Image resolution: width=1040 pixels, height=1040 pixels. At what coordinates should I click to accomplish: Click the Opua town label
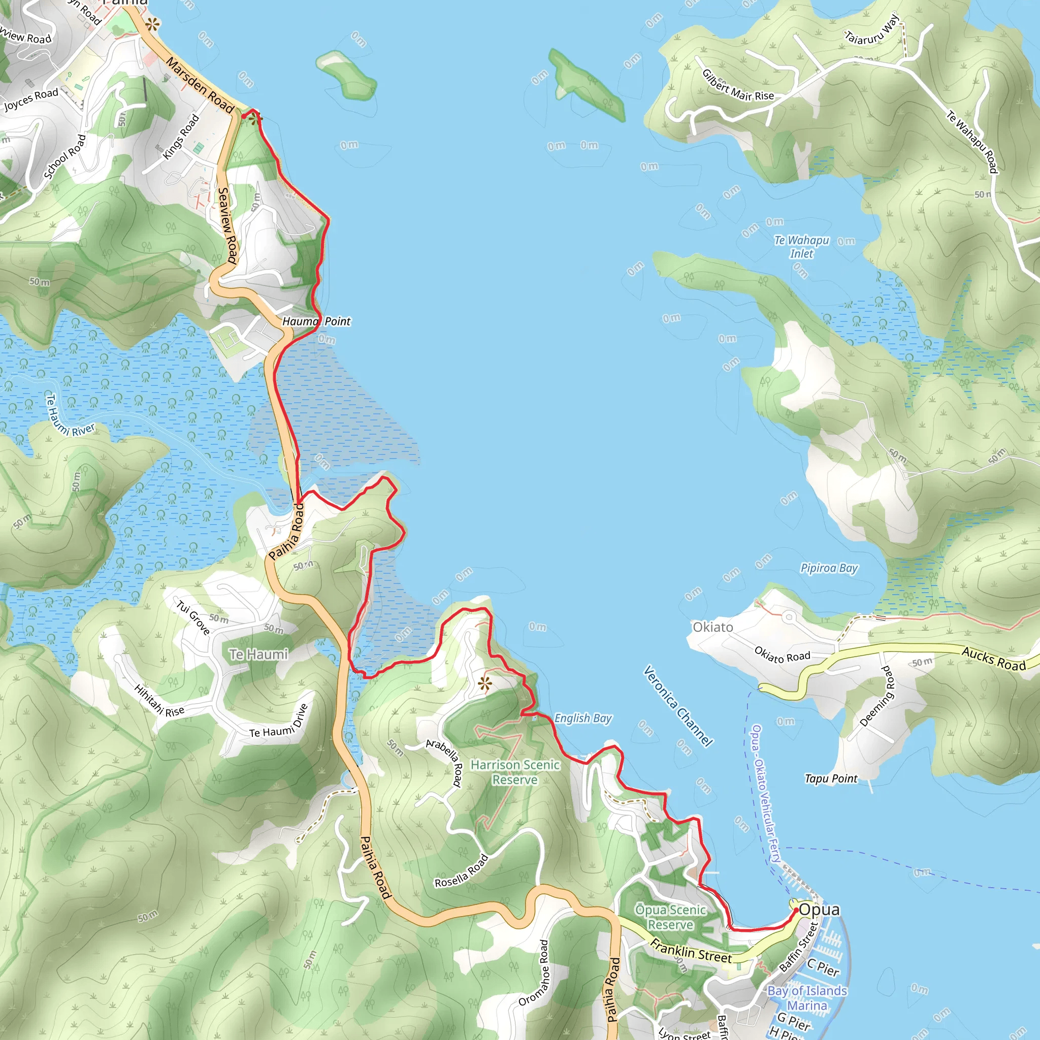tap(819, 909)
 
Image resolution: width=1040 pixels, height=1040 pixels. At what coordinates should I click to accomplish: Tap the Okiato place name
tap(712, 627)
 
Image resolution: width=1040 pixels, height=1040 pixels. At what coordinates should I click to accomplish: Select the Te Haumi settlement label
tap(258, 654)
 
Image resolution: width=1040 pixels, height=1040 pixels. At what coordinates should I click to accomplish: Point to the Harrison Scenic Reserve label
tap(515, 772)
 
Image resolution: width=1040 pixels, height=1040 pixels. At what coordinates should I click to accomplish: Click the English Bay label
tap(583, 718)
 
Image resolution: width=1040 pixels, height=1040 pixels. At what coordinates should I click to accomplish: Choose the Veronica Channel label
tap(678, 706)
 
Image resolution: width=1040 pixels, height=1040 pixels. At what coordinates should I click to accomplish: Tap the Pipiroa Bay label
tap(829, 568)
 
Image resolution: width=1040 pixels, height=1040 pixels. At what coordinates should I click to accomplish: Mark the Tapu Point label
tap(831, 778)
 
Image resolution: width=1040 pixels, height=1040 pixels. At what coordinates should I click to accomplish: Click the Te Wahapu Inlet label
tap(801, 246)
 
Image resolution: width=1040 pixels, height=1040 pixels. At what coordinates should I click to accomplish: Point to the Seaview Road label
tap(227, 225)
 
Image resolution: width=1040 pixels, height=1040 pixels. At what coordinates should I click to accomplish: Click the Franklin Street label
tap(691, 951)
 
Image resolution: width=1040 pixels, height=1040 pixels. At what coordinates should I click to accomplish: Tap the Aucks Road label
tap(994, 659)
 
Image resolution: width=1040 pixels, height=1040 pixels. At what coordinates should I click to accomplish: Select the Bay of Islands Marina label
tap(807, 997)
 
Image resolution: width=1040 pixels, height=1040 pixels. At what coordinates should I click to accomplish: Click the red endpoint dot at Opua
tap(796, 911)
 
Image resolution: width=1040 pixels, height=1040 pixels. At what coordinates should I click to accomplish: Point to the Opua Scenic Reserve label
tap(671, 917)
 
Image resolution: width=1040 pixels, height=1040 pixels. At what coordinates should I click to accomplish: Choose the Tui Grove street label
tap(192, 617)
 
